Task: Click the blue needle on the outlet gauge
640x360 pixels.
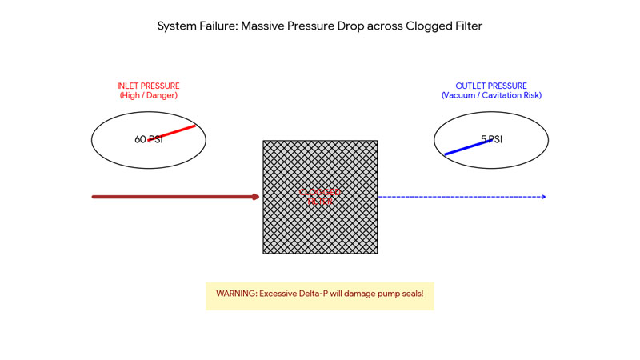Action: pyautogui.click(x=462, y=148)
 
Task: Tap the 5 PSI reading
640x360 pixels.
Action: pyautogui.click(x=492, y=140)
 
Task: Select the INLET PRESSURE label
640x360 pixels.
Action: pyautogui.click(x=148, y=86)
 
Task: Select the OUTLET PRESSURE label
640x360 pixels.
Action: pyautogui.click(x=491, y=86)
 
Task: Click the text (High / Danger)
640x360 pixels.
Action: pyautogui.click(x=148, y=96)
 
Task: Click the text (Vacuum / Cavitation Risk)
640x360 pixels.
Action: pyautogui.click(x=491, y=96)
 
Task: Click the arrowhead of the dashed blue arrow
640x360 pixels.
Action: pyautogui.click(x=543, y=197)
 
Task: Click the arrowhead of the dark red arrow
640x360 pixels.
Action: pyautogui.click(x=256, y=197)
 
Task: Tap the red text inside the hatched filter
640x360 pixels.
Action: pyautogui.click(x=320, y=197)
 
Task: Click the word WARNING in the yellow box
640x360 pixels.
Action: pyautogui.click(x=236, y=294)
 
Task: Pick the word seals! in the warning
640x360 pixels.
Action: pyautogui.click(x=409, y=294)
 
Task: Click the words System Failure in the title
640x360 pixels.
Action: pyautogui.click(x=195, y=26)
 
